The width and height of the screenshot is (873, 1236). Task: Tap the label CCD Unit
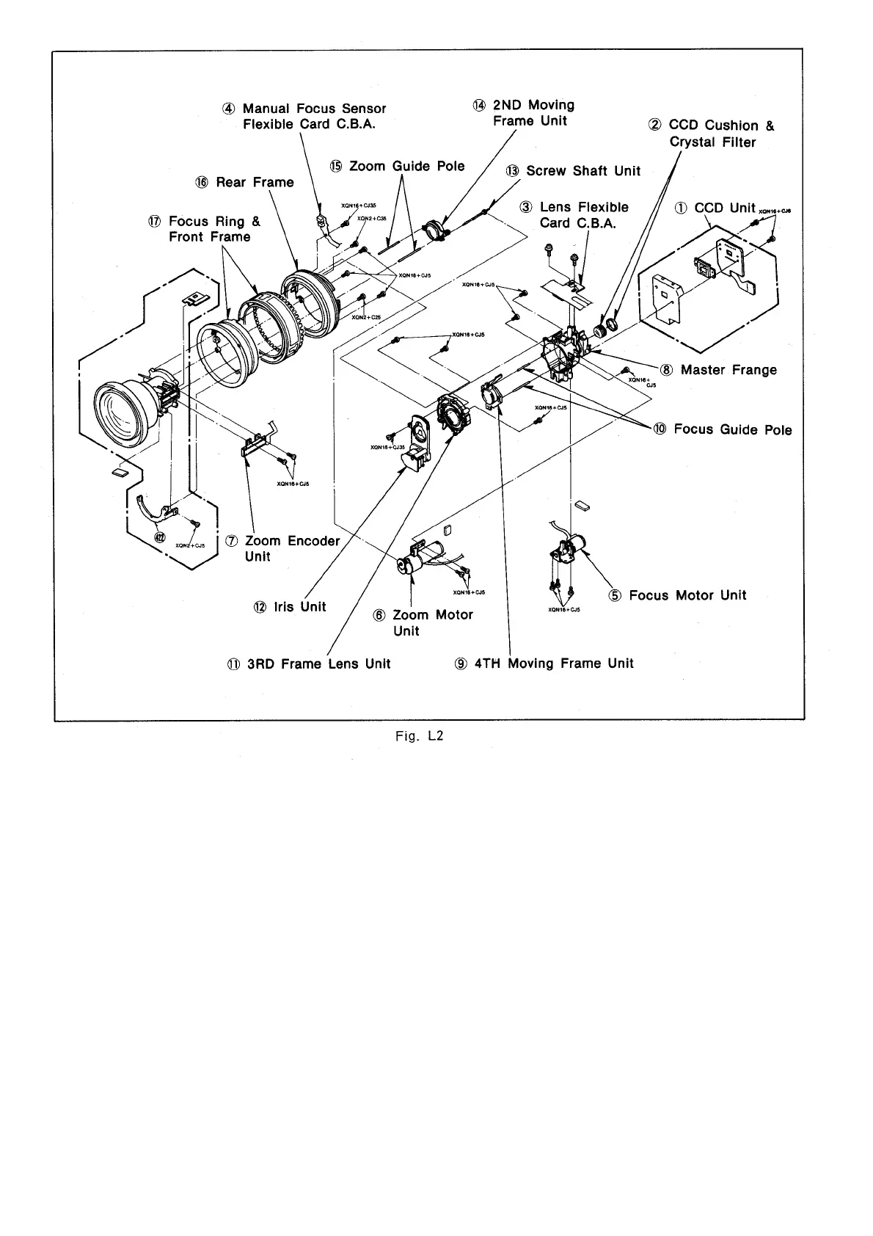pos(724,208)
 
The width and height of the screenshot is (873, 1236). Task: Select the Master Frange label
pos(728,370)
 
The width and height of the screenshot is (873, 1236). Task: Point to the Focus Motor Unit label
pos(687,595)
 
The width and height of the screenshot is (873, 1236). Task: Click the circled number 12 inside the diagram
pos(161,537)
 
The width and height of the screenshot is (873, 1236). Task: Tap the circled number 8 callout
pos(667,370)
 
